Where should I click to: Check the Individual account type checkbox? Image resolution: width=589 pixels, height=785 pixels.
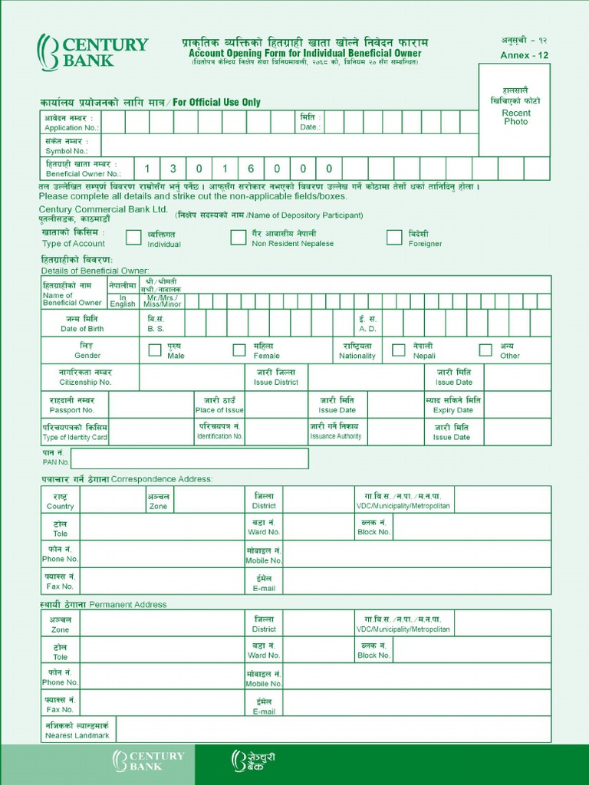133,238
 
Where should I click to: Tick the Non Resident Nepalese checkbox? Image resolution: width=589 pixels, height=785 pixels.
239,238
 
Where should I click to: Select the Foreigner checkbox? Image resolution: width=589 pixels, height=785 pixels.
394,238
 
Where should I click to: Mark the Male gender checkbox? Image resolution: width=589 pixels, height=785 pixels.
155,350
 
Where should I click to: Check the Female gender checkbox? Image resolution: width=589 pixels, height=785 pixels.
239,350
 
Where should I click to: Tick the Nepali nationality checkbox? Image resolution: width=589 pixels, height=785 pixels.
399,350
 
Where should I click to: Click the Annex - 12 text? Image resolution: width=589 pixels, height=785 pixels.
525,55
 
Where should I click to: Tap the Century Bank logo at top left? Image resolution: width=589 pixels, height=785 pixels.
93,51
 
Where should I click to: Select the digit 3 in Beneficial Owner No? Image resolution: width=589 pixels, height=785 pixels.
173,169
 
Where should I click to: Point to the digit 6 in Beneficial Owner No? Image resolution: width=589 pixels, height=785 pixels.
251,169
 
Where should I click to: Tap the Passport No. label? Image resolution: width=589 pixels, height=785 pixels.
71,405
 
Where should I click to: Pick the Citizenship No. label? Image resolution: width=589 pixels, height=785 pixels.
85,376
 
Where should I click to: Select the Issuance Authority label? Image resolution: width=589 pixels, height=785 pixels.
335,432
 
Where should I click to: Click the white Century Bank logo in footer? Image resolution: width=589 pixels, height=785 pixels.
149,760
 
